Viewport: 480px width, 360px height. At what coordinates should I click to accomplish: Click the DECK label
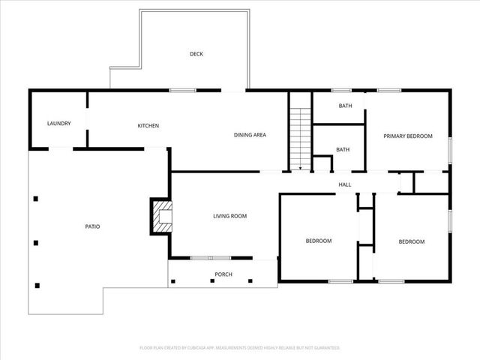(196, 54)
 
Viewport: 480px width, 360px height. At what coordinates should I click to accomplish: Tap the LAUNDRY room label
(58, 123)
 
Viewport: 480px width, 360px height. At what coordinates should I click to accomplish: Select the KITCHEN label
(148, 125)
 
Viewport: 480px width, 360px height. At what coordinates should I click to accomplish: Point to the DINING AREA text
(250, 135)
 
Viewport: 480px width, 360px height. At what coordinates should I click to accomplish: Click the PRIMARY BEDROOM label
(408, 136)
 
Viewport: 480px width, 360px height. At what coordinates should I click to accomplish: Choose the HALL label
(344, 184)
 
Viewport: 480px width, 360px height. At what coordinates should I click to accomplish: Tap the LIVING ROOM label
(229, 216)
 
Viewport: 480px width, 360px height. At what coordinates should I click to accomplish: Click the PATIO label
(92, 226)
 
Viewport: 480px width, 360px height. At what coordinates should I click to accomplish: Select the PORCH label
(223, 274)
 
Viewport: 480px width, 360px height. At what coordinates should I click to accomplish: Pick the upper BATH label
(345, 106)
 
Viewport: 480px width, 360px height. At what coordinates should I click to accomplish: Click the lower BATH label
(343, 149)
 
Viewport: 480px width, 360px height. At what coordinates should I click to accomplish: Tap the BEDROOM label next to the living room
(318, 241)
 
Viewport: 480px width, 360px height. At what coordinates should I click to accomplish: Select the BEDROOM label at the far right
(411, 241)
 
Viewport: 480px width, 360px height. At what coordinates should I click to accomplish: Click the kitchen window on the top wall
(182, 91)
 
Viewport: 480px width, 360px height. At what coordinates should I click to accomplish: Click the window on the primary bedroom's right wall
(450, 149)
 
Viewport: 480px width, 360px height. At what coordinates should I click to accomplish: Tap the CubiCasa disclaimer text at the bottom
(240, 348)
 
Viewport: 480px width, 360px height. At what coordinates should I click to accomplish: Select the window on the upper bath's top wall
(342, 91)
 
